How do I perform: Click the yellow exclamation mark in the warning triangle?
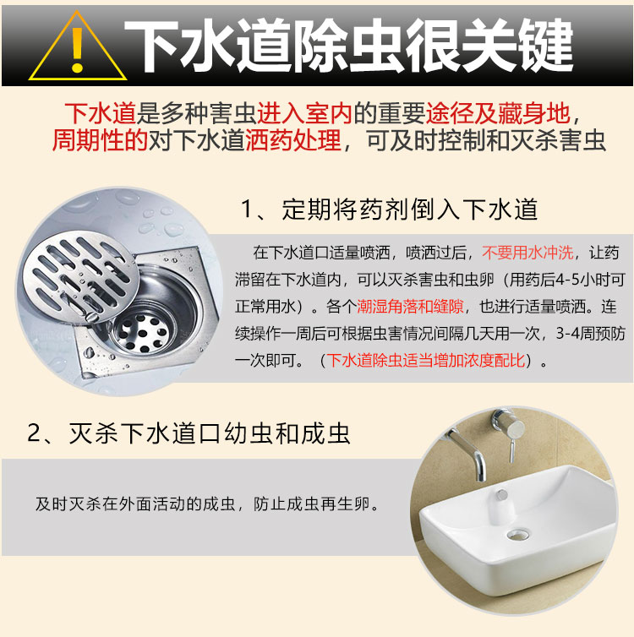(77, 50)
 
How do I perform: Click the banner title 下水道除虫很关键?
(348, 46)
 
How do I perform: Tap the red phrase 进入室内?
(304, 113)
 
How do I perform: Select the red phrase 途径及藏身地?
(498, 113)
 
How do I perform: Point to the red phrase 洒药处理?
(293, 140)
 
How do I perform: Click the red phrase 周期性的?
(100, 140)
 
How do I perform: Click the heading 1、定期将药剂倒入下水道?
(390, 210)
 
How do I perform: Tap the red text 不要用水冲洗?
(527, 253)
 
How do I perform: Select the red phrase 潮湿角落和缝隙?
(410, 307)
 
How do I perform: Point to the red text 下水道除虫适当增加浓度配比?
(426, 361)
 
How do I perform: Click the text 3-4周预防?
(591, 334)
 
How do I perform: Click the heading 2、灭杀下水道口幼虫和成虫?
(189, 433)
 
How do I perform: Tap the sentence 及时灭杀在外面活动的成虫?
(136, 504)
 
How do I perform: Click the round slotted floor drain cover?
(80, 277)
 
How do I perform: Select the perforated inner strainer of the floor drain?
(140, 332)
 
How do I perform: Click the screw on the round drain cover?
(91, 317)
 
